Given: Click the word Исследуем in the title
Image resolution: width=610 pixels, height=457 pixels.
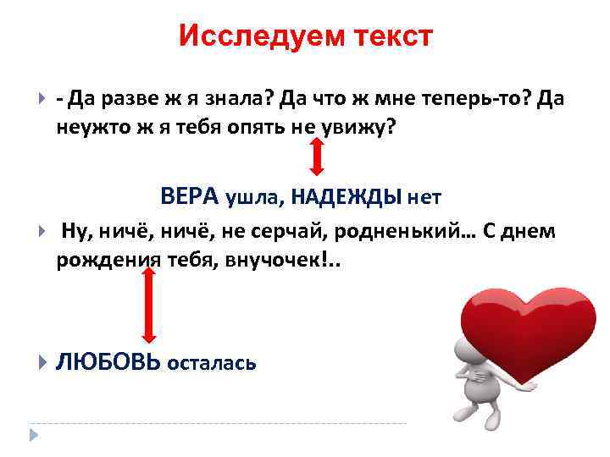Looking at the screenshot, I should [x=248, y=36].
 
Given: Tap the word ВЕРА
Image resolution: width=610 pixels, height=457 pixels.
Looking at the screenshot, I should [x=190, y=196].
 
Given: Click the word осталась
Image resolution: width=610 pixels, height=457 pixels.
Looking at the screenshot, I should [x=212, y=364].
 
